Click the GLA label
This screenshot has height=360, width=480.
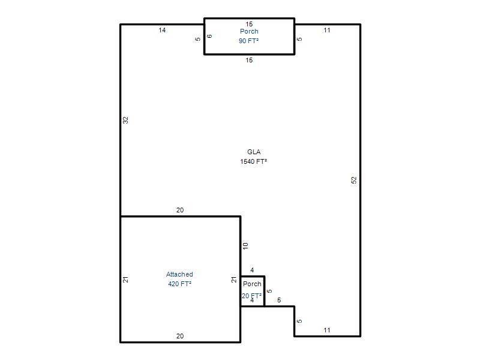(254, 152)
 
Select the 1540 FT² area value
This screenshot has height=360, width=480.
(253, 161)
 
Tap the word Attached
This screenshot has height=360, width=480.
(179, 274)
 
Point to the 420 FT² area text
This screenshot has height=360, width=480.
(179, 284)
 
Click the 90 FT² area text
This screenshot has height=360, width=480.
(248, 41)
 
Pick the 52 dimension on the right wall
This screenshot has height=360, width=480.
(354, 180)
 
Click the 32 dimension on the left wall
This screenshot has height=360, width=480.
(125, 121)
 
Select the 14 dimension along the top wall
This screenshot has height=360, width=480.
(162, 30)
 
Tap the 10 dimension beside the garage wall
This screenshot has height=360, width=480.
(245, 246)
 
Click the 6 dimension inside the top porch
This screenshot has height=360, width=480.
(209, 36)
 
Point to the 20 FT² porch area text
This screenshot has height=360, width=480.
(251, 296)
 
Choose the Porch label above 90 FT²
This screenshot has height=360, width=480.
(249, 31)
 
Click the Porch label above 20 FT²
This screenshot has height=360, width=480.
(252, 284)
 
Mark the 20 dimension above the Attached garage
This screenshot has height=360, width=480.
(180, 210)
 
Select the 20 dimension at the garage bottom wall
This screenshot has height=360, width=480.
(180, 336)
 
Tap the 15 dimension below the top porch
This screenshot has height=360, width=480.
(249, 60)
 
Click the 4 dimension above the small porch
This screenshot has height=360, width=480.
(252, 270)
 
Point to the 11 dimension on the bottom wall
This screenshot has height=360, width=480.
(327, 330)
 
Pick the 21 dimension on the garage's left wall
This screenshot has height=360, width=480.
(125, 280)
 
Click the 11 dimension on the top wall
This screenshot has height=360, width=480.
(327, 30)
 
